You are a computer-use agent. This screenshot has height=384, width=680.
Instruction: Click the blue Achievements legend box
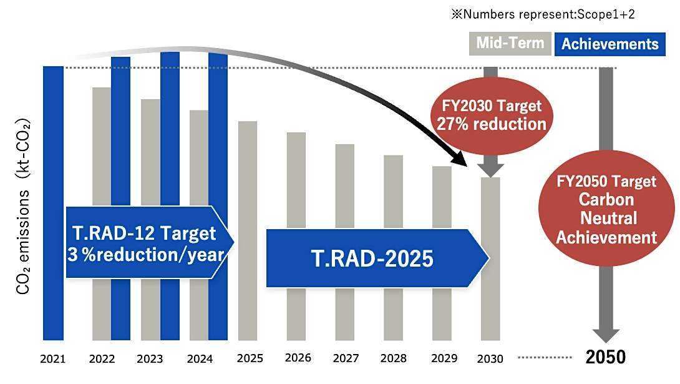[610, 44]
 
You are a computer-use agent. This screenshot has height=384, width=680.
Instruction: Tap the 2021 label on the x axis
[53, 359]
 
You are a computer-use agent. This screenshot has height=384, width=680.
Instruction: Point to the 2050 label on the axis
[605, 357]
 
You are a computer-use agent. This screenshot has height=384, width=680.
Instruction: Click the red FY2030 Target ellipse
[489, 115]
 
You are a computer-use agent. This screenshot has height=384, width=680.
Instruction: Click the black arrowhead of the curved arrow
[462, 159]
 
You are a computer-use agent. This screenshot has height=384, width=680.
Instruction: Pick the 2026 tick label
[297, 358]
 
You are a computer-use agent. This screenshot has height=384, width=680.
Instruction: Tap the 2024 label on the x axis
[200, 359]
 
